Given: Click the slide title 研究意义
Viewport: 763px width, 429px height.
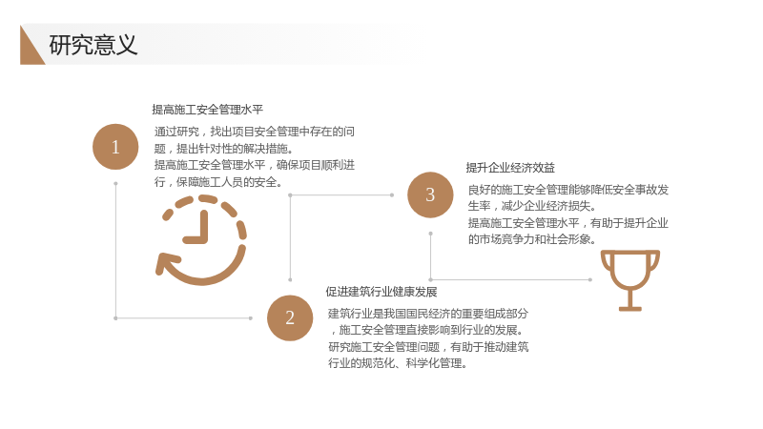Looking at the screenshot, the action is point(93,45).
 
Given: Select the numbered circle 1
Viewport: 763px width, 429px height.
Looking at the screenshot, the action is point(115,147).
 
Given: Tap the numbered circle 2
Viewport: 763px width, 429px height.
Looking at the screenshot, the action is point(290,318).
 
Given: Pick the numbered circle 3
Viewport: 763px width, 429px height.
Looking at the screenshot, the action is point(430,195).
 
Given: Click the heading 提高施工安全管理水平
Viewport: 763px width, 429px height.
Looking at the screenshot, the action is point(207,110).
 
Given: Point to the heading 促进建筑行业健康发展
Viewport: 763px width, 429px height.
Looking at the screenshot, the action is point(381,292).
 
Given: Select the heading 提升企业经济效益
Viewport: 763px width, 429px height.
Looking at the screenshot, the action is point(510,168).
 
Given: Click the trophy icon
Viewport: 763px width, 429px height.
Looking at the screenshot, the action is point(630,280).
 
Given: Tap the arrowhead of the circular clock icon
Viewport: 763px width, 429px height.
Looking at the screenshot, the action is point(164,264).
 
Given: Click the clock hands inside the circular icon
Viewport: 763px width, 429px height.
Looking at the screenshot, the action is point(197,230).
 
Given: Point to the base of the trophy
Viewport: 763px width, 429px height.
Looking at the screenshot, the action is point(630,308).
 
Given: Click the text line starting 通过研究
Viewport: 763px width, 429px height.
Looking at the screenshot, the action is point(255,132).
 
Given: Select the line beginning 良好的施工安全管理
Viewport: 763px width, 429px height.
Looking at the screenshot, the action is point(568,190).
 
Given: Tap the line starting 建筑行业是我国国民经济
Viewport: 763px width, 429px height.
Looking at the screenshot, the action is point(428,314).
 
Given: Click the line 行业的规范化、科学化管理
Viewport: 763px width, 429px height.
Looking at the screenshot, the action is point(398,363).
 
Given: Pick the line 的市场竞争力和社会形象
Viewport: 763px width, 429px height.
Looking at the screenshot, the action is point(532,239).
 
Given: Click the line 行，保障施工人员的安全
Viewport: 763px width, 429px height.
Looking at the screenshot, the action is point(218,182).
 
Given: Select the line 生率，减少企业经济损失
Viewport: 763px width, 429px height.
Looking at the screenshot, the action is point(532,206).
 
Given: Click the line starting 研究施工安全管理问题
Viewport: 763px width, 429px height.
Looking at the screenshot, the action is point(428,347).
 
